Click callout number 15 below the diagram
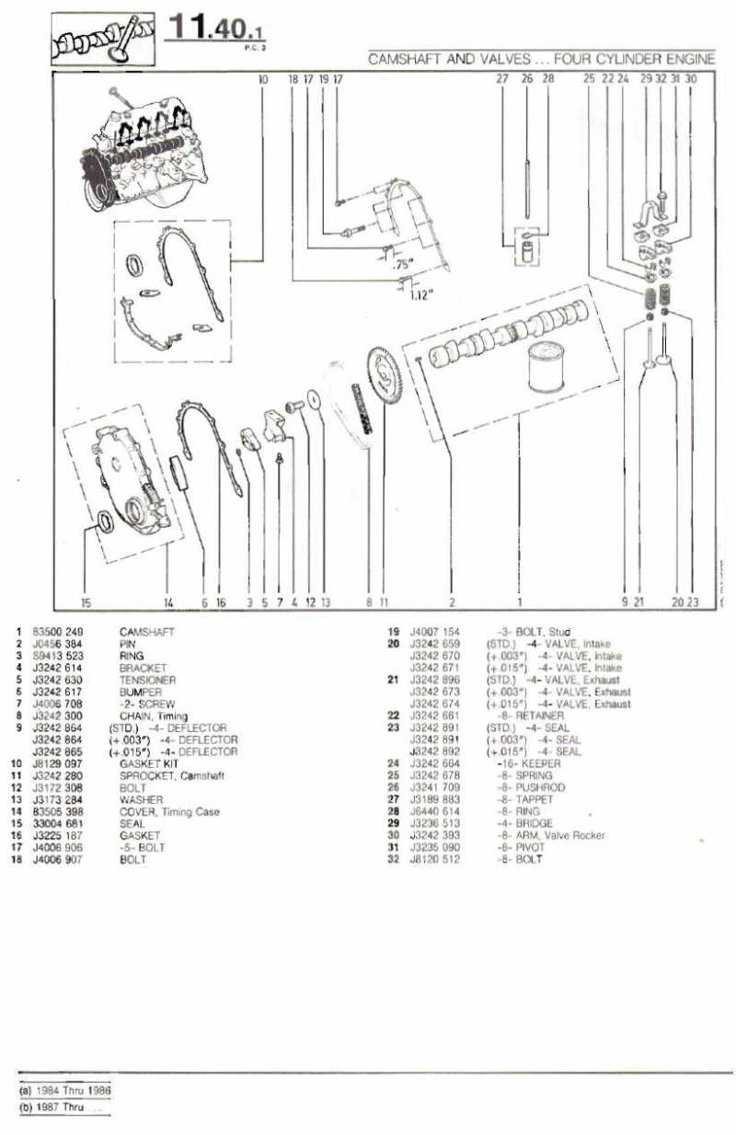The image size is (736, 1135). tap(86, 603)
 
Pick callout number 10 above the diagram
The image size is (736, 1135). tap(263, 80)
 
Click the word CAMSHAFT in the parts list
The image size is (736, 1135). tap(146, 632)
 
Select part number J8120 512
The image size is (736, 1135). tap(433, 859)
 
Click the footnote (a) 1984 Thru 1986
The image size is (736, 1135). tap(64, 1088)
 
